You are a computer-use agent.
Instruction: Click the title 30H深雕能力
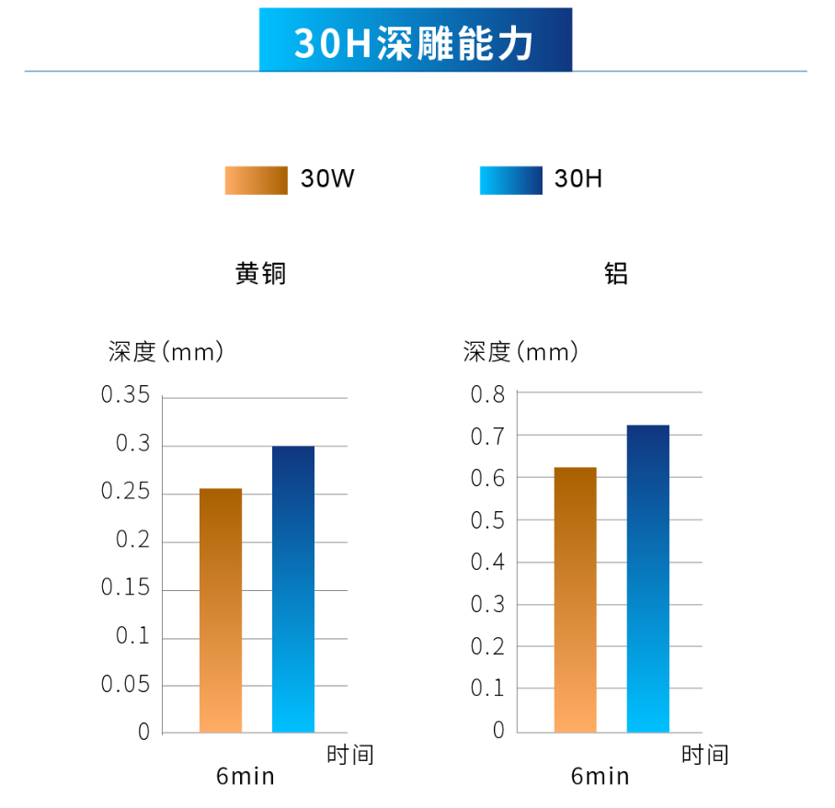coord(415,42)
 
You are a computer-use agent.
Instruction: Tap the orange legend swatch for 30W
coord(256,180)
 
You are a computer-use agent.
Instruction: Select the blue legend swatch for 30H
coord(510,180)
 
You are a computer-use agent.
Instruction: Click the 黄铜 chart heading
coord(260,274)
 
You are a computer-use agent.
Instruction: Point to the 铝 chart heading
coord(615,274)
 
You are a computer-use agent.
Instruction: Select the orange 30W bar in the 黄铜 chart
coord(221,610)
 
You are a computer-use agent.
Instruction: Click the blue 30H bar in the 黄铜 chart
coord(293,589)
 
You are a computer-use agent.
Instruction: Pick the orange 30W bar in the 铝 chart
coord(576,599)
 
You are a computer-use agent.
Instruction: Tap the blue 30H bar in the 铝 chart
coord(648,578)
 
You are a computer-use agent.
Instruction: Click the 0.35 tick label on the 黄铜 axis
coord(125,396)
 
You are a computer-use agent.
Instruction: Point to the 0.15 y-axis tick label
coord(125,588)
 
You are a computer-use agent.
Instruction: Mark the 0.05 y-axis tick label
coord(125,684)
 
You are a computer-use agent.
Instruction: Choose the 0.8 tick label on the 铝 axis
coord(488,394)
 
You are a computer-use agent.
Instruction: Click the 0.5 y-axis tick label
coord(488,520)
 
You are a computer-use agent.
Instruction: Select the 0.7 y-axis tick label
coord(488,437)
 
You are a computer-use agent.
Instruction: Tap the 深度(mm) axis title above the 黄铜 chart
coord(166,351)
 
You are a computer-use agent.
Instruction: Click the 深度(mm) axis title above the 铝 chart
coord(521,351)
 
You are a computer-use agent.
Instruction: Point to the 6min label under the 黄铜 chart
coord(246,777)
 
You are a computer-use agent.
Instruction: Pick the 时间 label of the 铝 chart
coord(704,755)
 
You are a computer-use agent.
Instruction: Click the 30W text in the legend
coord(327,180)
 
